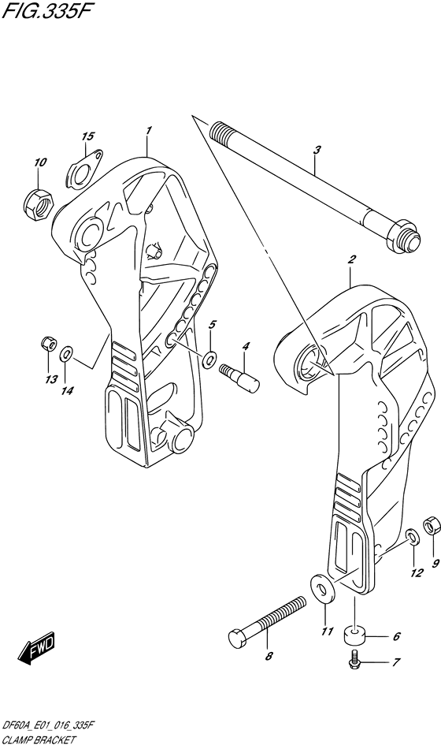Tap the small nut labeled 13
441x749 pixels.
click(x=49, y=343)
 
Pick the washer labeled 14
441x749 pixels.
click(x=66, y=355)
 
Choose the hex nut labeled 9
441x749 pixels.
click(x=432, y=524)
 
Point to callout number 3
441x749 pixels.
click(x=317, y=150)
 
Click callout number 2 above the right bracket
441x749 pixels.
click(x=352, y=260)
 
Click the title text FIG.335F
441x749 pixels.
click(x=46, y=10)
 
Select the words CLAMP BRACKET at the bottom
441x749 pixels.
click(x=39, y=741)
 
